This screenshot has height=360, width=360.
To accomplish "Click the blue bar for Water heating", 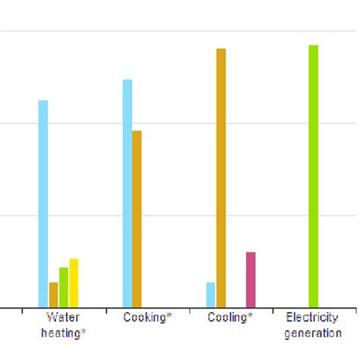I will point(43,204).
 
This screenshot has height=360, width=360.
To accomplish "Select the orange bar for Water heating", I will point(53,295).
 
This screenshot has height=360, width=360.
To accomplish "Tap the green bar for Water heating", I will point(64,287).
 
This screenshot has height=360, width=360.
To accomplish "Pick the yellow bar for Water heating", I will point(74,283).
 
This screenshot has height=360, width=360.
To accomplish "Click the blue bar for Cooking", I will point(127,193).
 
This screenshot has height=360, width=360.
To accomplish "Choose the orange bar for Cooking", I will point(137,219).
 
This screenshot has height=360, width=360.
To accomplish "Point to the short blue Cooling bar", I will point(210,295).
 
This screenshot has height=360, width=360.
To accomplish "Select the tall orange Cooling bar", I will point(221,178).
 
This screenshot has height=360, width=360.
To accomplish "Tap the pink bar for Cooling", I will point(251,279).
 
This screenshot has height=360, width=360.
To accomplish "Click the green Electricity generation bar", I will point(313,176).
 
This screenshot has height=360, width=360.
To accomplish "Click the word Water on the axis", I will point(62,317).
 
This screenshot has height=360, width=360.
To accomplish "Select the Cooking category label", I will point(145,317).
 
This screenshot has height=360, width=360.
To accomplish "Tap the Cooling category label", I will point(228,317).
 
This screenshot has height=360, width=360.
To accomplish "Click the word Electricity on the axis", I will point(312,317).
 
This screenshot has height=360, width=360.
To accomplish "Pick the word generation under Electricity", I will point(312,333).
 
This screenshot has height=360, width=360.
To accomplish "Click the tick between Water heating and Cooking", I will point(106,311).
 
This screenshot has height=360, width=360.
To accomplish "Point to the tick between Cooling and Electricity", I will point(273,311).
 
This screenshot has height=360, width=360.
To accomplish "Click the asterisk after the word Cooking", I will point(169,315).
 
